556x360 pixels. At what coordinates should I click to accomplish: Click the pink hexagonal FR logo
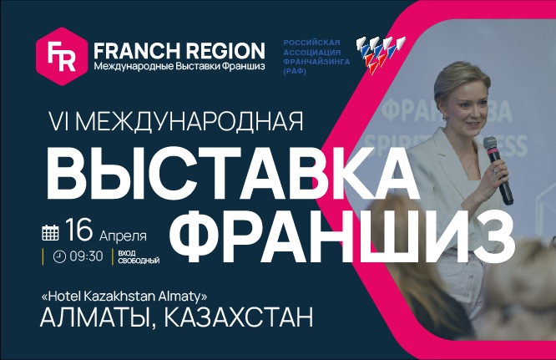coord(62,56)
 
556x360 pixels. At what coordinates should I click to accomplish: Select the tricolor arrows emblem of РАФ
coord(380,52)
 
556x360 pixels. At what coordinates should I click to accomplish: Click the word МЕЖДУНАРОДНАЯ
coord(190,121)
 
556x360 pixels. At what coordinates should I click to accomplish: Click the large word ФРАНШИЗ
coord(341,233)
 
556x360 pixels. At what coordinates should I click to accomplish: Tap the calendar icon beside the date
coord(50,232)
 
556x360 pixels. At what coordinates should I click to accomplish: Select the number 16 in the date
coord(78,230)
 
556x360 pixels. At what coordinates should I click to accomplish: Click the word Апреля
coord(123,236)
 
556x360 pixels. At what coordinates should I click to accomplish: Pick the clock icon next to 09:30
coord(59,256)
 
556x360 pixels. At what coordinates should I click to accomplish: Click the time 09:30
coord(86,256)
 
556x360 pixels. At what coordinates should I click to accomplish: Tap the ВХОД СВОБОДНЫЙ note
coord(139,257)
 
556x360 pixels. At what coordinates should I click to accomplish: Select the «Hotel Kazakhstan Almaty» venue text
coord(124,296)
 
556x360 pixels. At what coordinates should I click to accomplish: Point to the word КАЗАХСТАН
coord(239,317)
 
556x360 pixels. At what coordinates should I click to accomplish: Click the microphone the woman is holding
coord(498,170)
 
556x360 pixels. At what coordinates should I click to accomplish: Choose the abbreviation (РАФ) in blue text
coord(295,72)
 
